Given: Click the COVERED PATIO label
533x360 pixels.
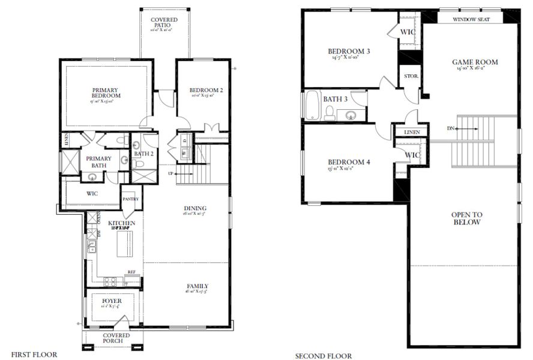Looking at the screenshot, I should coord(164,23).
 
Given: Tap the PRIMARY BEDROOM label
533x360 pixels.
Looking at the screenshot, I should coord(106,92).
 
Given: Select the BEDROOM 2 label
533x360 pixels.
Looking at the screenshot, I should coord(206,91).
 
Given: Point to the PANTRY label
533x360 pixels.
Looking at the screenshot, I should coord(130,199).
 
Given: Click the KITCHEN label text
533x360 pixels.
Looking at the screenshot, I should coord(122,223).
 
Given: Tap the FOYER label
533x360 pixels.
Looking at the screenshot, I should coord(112,300).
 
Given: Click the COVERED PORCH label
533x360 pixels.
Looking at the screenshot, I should coord(116,338).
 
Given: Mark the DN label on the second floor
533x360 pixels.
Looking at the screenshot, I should coord(451,128).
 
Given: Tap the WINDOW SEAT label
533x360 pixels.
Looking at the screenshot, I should coord(471,19).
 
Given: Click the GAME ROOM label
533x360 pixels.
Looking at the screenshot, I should coord(475,62).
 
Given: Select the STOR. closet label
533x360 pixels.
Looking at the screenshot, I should coord(411,76).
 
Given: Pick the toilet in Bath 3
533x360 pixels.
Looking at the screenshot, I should coord(329,112).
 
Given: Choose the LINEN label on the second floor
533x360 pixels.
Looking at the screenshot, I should coord(411,132).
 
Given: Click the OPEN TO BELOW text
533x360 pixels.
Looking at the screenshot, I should coord(467,218).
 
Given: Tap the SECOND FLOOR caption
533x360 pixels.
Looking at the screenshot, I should coord(323,356).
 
